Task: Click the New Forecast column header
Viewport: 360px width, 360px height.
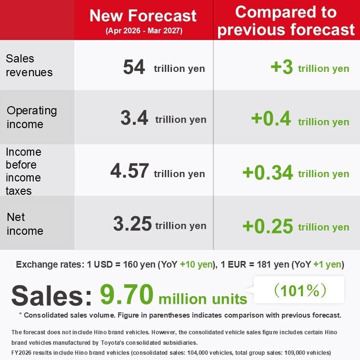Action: pyautogui.click(x=143, y=16)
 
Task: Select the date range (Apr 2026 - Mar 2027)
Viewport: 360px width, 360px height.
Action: pyautogui.click(x=144, y=30)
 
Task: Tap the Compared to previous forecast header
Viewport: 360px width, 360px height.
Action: pyautogui.click(x=286, y=20)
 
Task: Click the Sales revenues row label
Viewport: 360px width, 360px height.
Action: pyautogui.click(x=29, y=65)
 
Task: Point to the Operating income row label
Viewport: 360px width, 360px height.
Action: pyautogui.click(x=32, y=117)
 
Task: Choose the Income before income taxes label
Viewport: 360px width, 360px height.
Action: pyautogui.click(x=23, y=171)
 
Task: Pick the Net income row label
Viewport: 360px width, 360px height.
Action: pyautogui.click(x=25, y=224)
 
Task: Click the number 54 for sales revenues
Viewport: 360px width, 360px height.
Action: pyautogui.click(x=134, y=67)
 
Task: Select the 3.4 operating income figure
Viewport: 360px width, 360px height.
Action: pyautogui.click(x=134, y=118)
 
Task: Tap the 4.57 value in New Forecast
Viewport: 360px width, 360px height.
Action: pyautogui.click(x=130, y=171)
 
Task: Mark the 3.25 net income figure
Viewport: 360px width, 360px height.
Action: pyautogui.click(x=132, y=223)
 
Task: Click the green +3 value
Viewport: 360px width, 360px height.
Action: pyautogui.click(x=282, y=67)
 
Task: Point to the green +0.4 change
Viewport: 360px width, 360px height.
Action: pyautogui.click(x=271, y=119)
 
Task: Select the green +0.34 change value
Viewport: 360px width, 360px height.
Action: pyautogui.click(x=268, y=172)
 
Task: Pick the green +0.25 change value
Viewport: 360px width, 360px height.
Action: pyautogui.click(x=268, y=226)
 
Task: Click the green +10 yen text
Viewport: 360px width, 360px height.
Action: pyautogui.click(x=196, y=264)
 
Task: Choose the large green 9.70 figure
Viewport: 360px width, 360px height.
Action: pyautogui.click(x=127, y=295)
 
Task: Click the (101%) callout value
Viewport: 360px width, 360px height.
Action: pyautogui.click(x=300, y=290)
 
